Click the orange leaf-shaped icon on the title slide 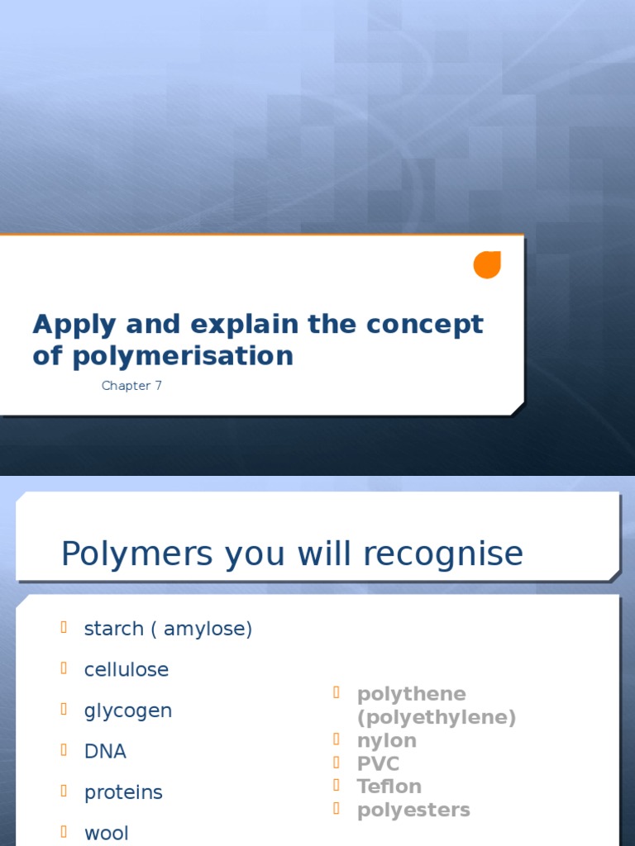click(x=487, y=264)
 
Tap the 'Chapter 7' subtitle click(x=131, y=386)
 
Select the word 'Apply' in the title click(x=69, y=325)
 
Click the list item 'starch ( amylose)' click(x=168, y=629)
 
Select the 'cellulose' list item click(x=127, y=669)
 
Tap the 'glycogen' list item click(x=128, y=711)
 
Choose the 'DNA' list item click(x=105, y=751)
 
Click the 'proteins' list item click(x=123, y=792)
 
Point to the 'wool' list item click(x=107, y=833)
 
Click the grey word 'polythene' click(x=412, y=694)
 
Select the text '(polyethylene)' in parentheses click(x=437, y=717)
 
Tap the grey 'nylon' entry click(x=387, y=740)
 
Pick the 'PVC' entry click(x=378, y=763)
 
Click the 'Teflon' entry click(x=389, y=787)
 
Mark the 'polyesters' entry click(x=413, y=810)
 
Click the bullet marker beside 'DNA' click(x=64, y=750)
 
